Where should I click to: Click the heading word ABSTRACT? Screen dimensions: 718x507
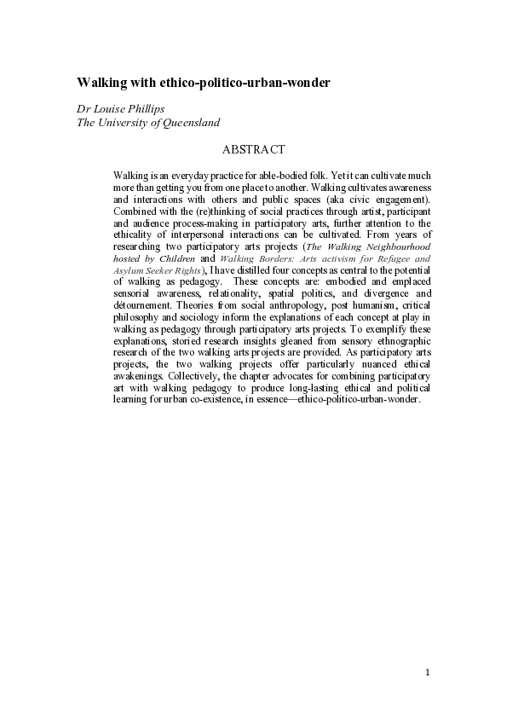click(x=253, y=150)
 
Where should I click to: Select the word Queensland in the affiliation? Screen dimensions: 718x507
click(x=188, y=123)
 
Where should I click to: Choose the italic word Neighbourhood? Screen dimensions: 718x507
click(x=395, y=246)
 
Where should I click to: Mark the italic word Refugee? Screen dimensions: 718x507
click(x=377, y=258)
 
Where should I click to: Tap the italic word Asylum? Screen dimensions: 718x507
click(x=128, y=269)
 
